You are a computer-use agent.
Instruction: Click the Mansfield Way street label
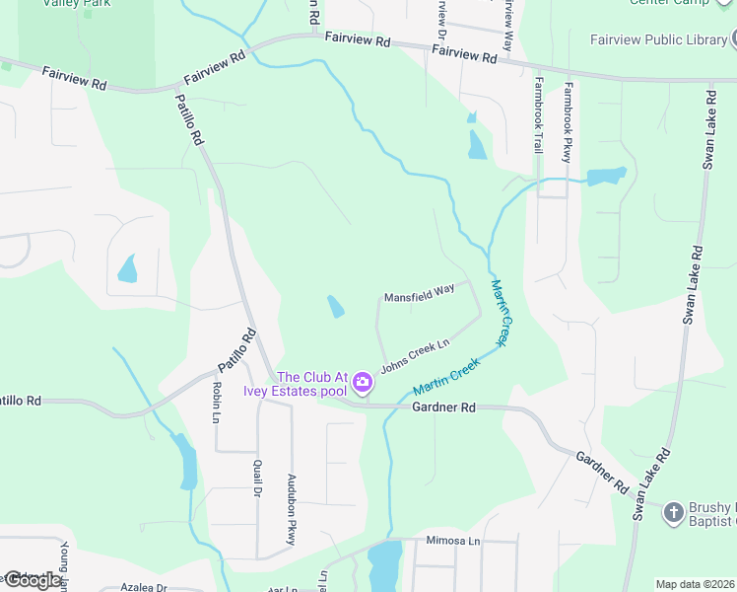(419, 293)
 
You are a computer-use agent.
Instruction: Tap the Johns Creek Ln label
(415, 351)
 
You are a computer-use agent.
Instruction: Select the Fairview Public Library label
(658, 40)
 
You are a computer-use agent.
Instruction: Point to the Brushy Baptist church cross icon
(673, 511)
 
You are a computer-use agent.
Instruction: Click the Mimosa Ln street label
(452, 541)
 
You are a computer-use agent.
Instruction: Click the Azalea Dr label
(143, 587)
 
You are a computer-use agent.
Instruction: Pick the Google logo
(32, 579)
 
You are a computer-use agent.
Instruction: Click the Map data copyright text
(695, 584)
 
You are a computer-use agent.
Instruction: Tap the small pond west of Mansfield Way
(336, 307)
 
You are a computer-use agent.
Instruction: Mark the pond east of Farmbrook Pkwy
(606, 178)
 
